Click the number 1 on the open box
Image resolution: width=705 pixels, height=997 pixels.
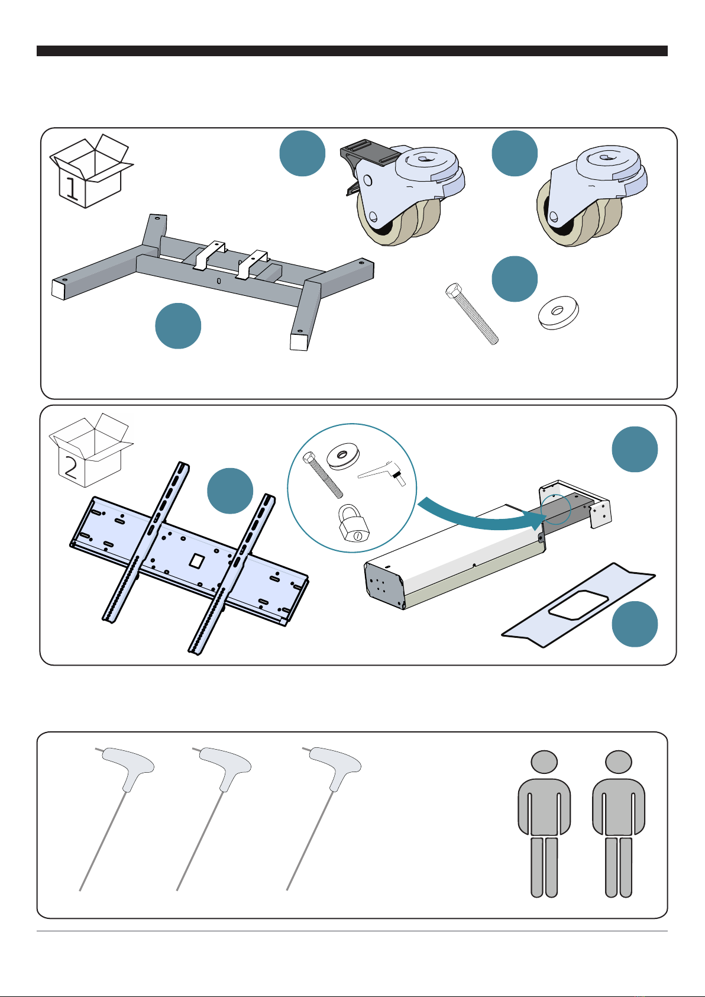(x=72, y=188)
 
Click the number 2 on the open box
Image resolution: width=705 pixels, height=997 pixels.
(x=71, y=467)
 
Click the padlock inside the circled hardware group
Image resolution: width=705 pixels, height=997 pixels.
(x=354, y=522)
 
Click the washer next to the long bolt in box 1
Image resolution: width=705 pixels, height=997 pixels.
(x=558, y=312)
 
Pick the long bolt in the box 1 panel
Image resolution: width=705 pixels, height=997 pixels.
(x=471, y=314)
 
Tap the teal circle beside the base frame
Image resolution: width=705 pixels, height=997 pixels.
(x=178, y=326)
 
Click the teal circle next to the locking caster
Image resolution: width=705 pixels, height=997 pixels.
(x=302, y=153)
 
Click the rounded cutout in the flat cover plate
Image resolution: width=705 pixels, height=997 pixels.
(x=578, y=605)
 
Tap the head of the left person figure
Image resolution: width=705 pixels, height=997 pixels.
(x=544, y=762)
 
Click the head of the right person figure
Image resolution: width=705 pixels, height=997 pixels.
(x=618, y=762)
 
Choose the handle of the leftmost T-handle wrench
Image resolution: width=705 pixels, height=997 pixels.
(x=129, y=766)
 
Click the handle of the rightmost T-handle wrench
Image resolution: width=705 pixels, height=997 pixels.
(x=336, y=766)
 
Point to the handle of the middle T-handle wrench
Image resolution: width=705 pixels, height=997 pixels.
(x=226, y=766)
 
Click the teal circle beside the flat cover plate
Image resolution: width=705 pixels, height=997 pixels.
(x=635, y=624)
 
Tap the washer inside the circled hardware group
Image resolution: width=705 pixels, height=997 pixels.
(x=342, y=456)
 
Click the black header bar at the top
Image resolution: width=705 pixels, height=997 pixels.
(x=352, y=51)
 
